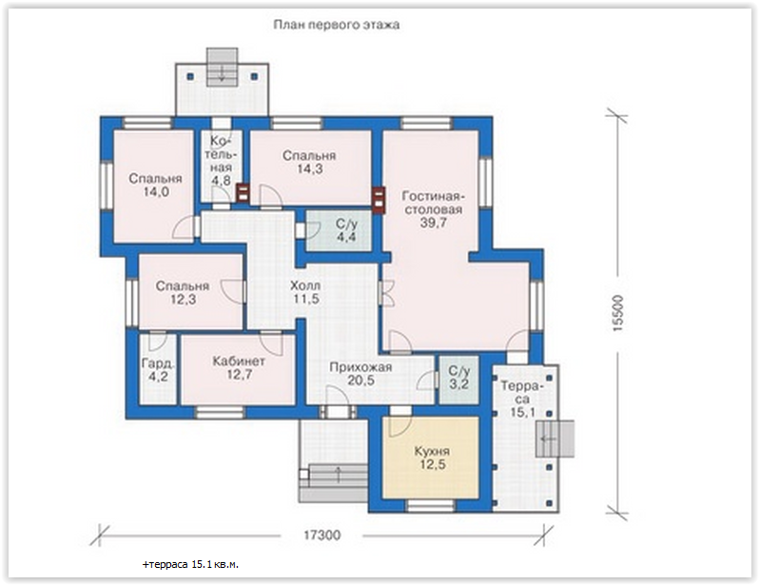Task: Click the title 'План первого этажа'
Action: click(x=337, y=25)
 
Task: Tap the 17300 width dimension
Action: click(x=321, y=536)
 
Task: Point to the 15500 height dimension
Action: click(x=618, y=312)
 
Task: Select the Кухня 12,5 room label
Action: click(x=432, y=458)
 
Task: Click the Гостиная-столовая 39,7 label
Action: click(x=433, y=209)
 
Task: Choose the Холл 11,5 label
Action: click(x=305, y=292)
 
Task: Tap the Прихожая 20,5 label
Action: click(x=360, y=374)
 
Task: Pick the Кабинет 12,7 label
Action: click(x=239, y=367)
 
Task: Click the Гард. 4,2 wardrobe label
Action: click(x=158, y=369)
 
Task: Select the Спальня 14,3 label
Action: click(x=309, y=163)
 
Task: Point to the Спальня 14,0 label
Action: click(x=155, y=185)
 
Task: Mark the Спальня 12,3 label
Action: click(x=183, y=293)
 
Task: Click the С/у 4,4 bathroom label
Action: click(x=346, y=230)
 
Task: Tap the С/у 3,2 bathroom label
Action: click(x=458, y=378)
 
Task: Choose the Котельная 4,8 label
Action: click(x=222, y=161)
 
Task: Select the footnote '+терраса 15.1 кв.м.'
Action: click(x=190, y=565)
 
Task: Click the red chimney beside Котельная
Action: click(x=242, y=194)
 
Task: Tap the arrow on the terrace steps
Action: click(x=549, y=439)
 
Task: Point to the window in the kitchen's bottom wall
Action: click(x=430, y=506)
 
